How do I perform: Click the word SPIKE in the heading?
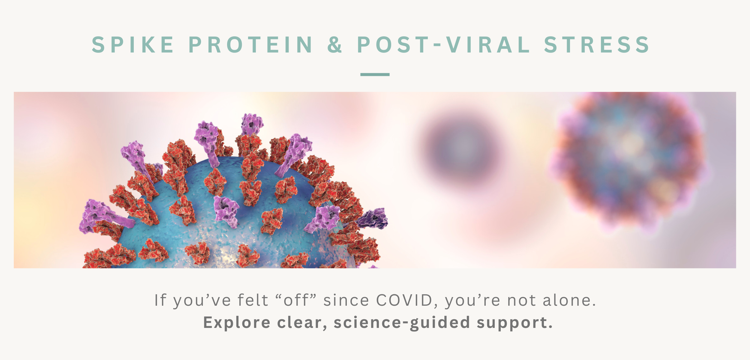(133, 45)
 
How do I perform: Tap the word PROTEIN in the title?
(251, 45)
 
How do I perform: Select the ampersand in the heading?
(335, 45)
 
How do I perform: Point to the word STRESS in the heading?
(597, 45)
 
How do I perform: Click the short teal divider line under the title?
(375, 74)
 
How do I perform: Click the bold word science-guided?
(402, 323)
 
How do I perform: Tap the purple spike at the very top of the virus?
(252, 124)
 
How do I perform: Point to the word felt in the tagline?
(253, 300)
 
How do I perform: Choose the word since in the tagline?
(346, 300)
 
